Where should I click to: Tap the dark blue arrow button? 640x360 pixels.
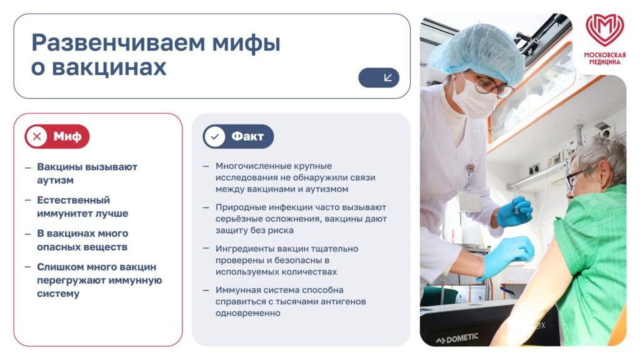point(379,77)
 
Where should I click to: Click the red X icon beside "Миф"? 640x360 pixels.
point(36,136)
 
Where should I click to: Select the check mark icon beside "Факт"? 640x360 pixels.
point(215,136)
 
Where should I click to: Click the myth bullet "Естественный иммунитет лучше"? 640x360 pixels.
point(82,207)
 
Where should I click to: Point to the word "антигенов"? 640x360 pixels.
point(344,302)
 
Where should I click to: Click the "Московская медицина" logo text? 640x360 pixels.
point(604,58)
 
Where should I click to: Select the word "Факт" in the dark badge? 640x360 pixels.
point(247,136)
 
